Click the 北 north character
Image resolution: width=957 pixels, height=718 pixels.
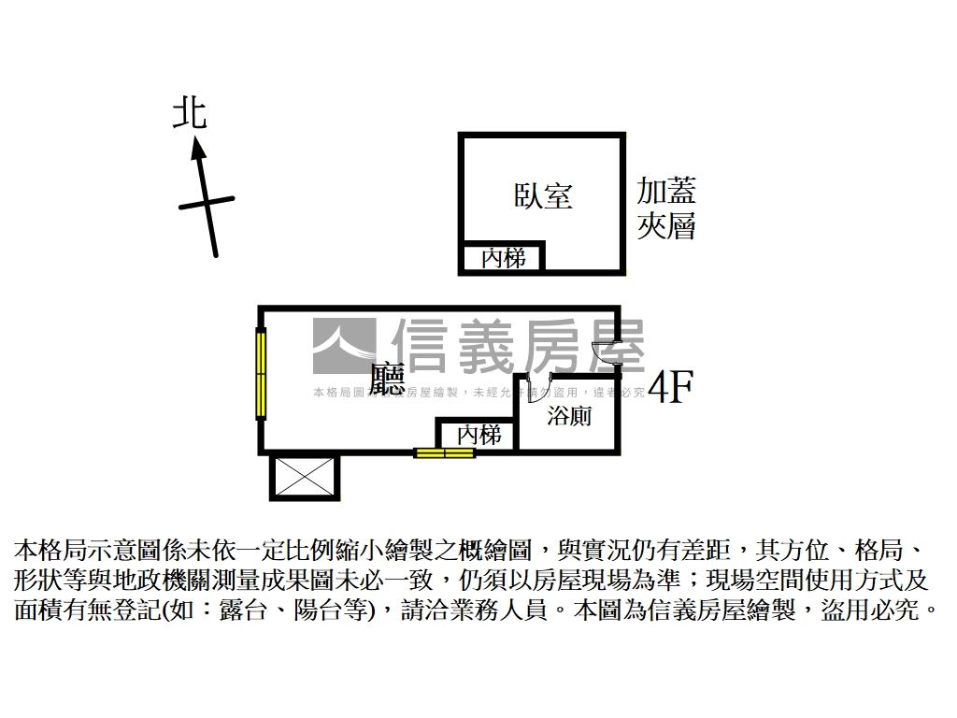tap(190, 114)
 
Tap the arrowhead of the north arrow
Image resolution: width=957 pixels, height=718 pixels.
tap(197, 147)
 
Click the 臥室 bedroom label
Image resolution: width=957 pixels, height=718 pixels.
tap(543, 195)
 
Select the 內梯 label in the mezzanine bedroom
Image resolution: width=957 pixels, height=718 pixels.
tap(503, 257)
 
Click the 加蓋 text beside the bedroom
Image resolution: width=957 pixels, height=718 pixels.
tap(666, 192)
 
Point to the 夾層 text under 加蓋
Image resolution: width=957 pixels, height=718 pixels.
tap(666, 226)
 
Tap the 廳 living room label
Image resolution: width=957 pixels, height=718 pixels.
tap(387, 378)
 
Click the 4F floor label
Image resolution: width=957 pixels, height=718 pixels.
tap(669, 387)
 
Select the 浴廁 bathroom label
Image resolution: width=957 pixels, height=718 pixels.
tap(568, 416)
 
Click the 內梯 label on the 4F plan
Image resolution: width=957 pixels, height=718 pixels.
tap(478, 435)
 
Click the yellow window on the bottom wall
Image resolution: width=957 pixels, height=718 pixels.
tap(445, 453)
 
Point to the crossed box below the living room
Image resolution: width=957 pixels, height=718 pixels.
tap(304, 477)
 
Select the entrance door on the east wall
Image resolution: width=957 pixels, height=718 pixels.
tap(608, 355)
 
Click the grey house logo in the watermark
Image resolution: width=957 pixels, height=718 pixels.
tap(343, 347)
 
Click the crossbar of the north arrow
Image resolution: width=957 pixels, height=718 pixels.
tap(207, 203)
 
